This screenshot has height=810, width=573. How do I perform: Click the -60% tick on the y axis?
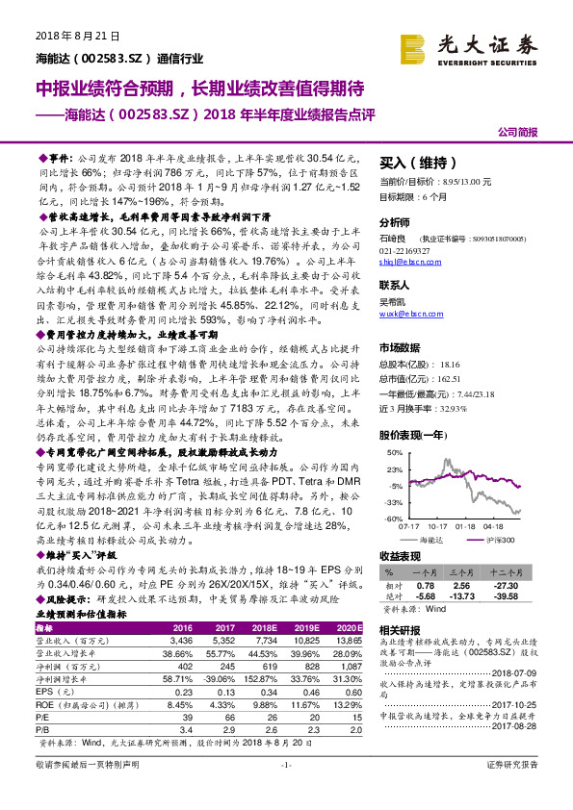(x=394, y=519)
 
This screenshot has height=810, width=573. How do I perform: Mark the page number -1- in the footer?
(x=285, y=792)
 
